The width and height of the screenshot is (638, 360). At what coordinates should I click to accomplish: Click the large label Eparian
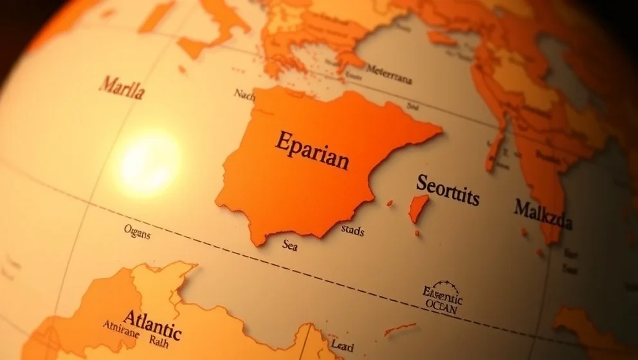point(313,149)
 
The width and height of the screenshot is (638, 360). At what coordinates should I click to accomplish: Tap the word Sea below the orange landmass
point(289,245)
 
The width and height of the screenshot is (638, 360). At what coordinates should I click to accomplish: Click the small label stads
point(352,230)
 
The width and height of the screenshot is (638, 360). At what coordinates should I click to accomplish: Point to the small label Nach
point(244,94)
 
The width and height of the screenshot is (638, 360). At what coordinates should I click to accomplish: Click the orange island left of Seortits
point(419,208)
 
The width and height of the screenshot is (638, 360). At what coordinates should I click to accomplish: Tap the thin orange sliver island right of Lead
point(399,328)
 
